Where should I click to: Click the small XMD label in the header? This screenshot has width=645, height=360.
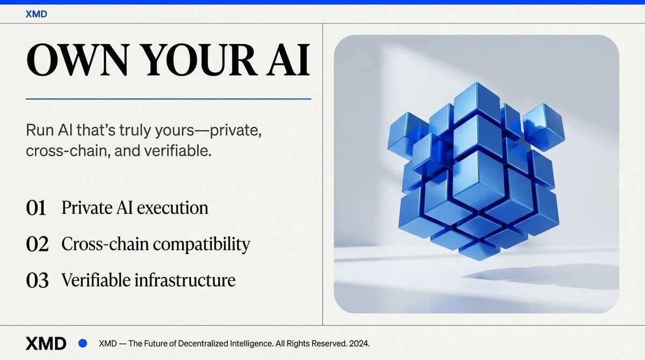pos(36,15)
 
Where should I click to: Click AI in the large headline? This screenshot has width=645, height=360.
pos(287,63)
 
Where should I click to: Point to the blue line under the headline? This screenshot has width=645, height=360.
pos(168,99)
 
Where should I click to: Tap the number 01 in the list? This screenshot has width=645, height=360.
pos(36,208)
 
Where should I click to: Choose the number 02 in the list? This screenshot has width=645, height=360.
pos(37,244)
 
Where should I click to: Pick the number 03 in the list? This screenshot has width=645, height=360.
pos(37,280)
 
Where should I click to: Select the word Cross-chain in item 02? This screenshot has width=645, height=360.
pos(105,244)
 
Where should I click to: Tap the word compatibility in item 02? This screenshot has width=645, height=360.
pos(202,245)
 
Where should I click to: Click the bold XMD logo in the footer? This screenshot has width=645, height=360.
pos(46,343)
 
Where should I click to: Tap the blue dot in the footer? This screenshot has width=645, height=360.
pos(83,343)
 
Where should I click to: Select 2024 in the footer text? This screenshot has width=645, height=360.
pos(360,343)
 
